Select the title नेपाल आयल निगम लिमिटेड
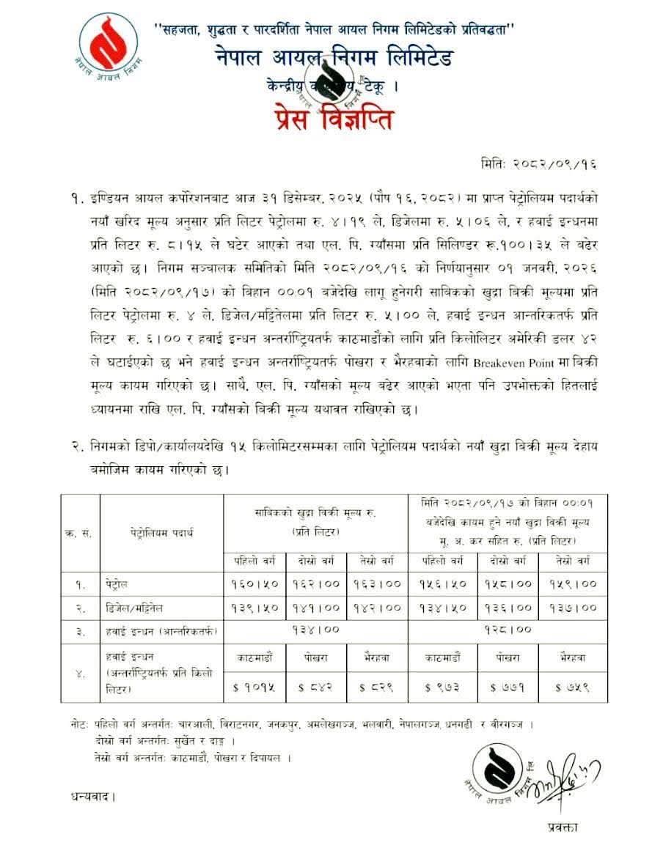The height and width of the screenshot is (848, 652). (334, 58)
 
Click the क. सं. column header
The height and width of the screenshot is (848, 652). (78, 533)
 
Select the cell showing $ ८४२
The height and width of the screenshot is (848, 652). (316, 687)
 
